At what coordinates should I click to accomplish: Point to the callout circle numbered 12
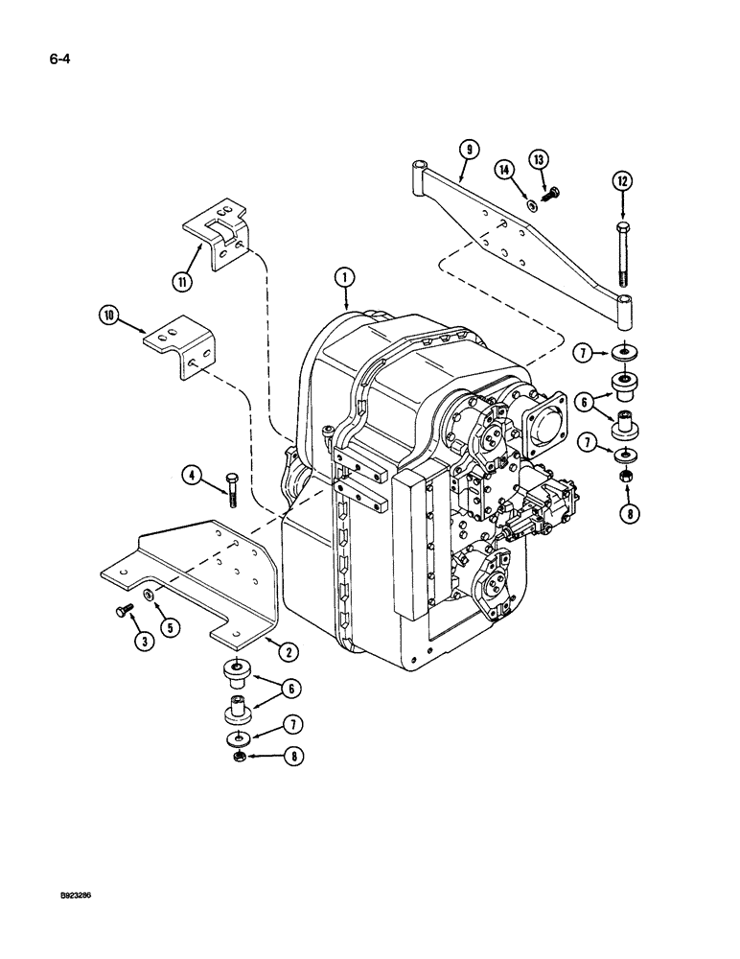coord(622,180)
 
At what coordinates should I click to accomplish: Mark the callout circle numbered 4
coord(193,473)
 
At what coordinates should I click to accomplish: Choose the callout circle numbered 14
coord(502,170)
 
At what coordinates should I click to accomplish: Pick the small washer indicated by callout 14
coord(533,204)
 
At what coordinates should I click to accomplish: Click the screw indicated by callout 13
coord(550,194)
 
